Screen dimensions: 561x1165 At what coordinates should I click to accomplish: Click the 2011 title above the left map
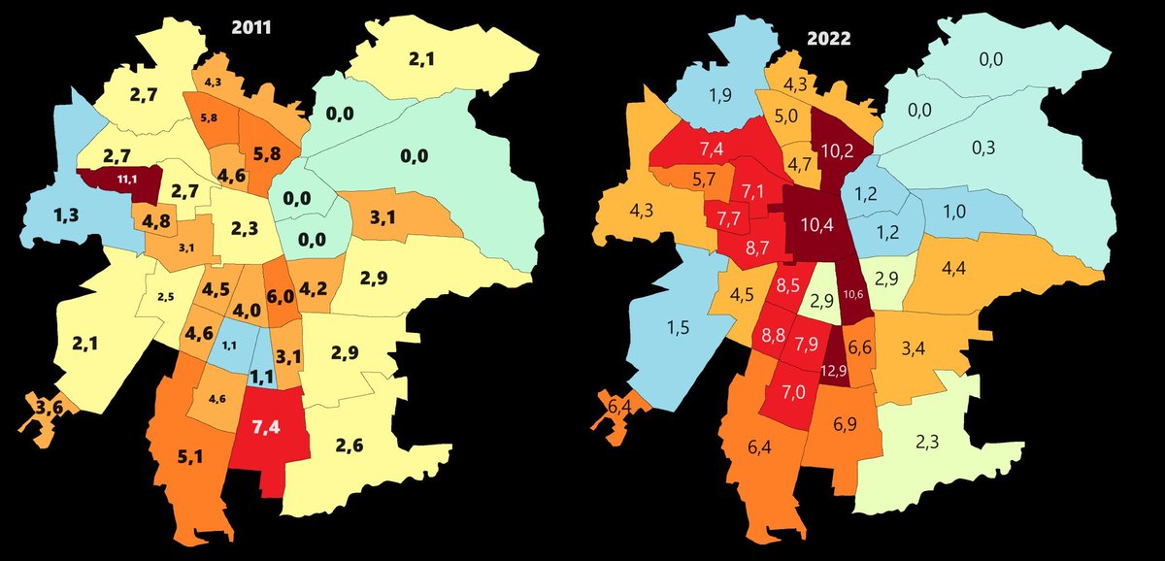[x=250, y=29]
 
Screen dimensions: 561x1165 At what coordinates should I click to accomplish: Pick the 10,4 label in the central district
[x=813, y=225]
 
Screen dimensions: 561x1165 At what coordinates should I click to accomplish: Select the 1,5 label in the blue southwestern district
[x=679, y=328]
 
